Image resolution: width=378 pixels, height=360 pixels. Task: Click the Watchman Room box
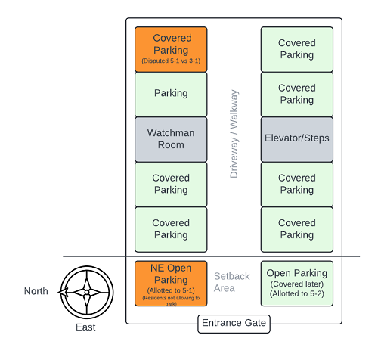[x=171, y=139]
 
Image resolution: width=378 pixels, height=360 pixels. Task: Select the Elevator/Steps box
[x=297, y=139]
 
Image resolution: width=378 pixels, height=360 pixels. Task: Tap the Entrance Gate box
[x=234, y=324]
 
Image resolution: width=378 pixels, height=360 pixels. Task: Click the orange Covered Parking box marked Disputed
[x=171, y=49]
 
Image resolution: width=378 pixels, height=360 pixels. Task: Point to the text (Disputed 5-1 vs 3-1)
[x=171, y=61]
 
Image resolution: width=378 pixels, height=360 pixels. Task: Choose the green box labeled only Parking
[x=171, y=95]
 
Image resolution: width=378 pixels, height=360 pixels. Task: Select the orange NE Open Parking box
[x=171, y=284]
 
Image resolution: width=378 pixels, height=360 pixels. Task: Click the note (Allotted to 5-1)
[x=171, y=290]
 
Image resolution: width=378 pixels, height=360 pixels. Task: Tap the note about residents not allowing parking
[x=171, y=301]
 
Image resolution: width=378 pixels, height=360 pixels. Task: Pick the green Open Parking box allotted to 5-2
[x=297, y=284]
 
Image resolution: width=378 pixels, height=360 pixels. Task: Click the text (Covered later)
[x=297, y=284]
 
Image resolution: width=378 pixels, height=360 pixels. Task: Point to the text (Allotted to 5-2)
[x=297, y=293]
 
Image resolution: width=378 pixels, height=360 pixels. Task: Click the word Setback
[x=232, y=276]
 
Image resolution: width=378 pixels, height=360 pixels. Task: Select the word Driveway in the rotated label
[x=234, y=158]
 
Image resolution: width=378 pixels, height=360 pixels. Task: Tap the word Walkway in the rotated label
[x=234, y=109]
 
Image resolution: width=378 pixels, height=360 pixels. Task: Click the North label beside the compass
[x=36, y=291]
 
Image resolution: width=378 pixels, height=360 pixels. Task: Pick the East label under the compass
[x=85, y=327]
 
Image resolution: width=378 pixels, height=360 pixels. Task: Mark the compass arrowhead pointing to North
[x=63, y=293]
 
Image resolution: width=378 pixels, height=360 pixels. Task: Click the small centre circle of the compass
[x=87, y=293]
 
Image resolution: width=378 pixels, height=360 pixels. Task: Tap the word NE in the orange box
[x=157, y=268]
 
